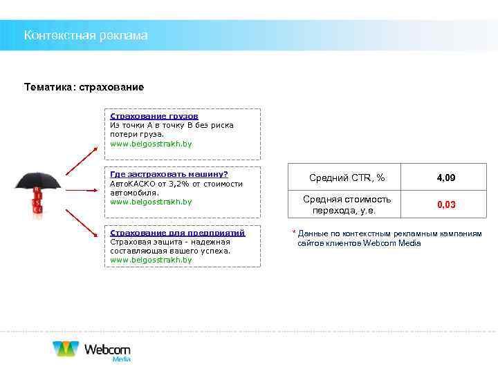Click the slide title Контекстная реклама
coord(86,35)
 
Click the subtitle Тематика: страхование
coord(84,88)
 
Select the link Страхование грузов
coord(154,117)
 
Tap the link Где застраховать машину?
coord(169,175)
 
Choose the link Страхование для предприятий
coord(178,233)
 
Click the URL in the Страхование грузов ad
coord(151,144)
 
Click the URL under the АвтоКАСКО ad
coord(151,202)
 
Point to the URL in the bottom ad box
coord(151,260)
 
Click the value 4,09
coord(446,178)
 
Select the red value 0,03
coord(446,205)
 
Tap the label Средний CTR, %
coord(347,178)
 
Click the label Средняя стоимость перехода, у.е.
coord(347,204)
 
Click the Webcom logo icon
coord(66,349)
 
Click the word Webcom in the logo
coord(107,349)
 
